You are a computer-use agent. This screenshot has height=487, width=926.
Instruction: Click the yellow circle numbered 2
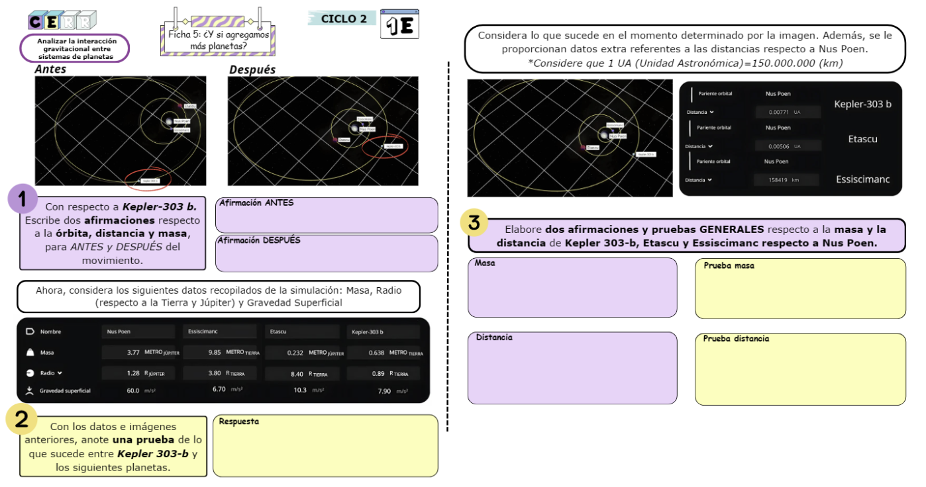(21, 419)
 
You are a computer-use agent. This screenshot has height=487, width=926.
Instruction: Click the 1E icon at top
(399, 24)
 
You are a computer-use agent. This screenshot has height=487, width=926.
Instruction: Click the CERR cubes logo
(62, 21)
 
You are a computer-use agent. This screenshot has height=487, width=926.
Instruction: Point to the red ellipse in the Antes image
(148, 179)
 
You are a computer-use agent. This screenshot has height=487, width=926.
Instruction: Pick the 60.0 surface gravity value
(133, 390)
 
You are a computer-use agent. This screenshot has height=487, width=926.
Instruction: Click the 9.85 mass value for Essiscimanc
(214, 353)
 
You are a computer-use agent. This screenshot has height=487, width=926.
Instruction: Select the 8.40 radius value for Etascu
(297, 374)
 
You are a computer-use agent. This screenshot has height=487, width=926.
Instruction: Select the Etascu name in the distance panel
(862, 139)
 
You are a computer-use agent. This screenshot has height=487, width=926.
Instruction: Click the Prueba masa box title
(729, 265)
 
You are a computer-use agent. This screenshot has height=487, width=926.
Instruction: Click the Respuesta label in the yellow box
(238, 421)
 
